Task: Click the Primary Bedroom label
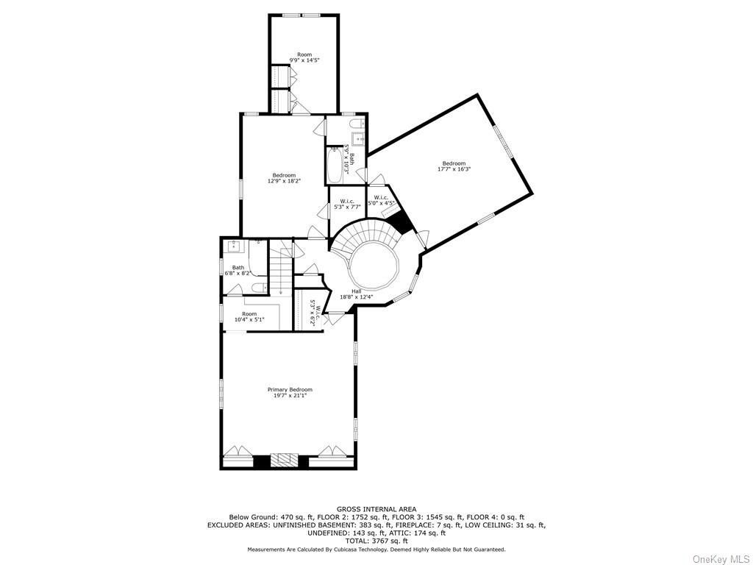coord(290,390)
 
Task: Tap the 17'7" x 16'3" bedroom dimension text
coord(454,169)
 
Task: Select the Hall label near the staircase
coord(357,291)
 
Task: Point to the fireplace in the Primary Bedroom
coord(285,460)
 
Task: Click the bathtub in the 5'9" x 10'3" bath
coord(335,166)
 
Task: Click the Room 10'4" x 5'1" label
coord(249,316)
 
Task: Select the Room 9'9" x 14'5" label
coord(304,57)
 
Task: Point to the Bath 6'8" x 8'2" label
coord(238,271)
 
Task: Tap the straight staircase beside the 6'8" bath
coord(280,271)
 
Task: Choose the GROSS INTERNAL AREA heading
coord(376,509)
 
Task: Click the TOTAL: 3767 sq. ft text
coord(376,541)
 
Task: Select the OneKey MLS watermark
coord(721,559)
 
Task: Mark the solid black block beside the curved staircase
coord(400,223)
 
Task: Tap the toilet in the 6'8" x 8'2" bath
coord(259,288)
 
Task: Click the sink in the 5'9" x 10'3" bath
coord(358,139)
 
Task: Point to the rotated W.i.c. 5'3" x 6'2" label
coord(315,313)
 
